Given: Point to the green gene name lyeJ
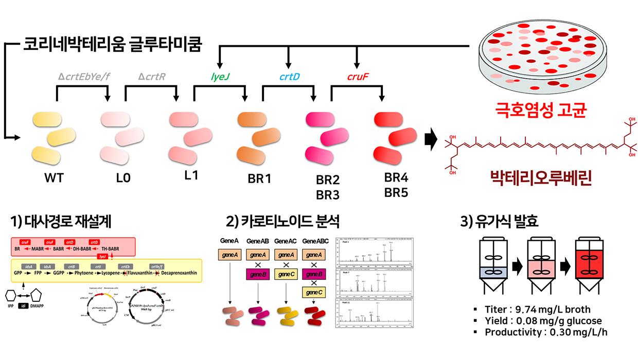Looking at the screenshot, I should click(x=220, y=77).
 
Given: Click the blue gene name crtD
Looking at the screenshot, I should click(x=289, y=77).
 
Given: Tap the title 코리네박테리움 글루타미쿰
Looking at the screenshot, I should click(x=112, y=43).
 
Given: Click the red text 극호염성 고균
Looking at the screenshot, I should click(x=540, y=110).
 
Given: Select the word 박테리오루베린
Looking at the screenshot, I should click(x=540, y=178).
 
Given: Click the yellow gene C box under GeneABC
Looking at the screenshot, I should click(x=313, y=292).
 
